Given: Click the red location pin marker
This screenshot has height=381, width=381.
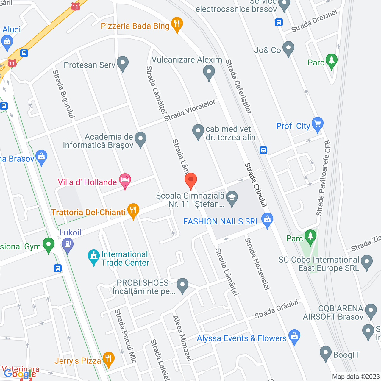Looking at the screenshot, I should coord(190,180).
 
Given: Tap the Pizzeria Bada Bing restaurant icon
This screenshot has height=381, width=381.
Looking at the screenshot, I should coord(177,24).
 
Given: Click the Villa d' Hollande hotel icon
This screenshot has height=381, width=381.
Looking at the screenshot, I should coord(125,180).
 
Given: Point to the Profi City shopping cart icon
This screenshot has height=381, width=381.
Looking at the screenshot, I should coord(317,124).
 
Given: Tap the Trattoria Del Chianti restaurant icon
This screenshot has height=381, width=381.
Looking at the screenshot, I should coord(133,210).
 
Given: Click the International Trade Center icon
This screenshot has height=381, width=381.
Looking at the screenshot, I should coord(94,257).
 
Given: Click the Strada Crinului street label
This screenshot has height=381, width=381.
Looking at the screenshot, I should coord(256,185).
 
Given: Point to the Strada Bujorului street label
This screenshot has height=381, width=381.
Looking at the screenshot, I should coord(63,94).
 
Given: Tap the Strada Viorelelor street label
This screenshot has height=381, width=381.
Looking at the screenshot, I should coord(190,110).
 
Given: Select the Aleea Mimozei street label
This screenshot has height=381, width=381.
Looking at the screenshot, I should coord(182,338).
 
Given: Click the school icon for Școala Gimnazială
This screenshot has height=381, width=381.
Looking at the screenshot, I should coord(232,198).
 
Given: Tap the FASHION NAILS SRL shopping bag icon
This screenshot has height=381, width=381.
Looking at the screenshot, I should coord(267,220).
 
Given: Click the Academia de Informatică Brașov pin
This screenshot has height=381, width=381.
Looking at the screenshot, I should coord(140,139).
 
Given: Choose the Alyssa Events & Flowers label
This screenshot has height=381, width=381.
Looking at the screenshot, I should coord(242,338).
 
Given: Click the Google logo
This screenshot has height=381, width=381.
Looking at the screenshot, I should coord(20,374).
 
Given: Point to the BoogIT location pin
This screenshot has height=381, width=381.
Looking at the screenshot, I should coord(325,353).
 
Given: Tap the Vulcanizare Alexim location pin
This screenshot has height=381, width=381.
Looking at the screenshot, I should coord(209,72).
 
